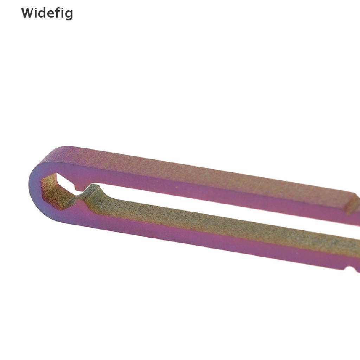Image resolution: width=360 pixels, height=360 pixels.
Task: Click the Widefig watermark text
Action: coord(47,13)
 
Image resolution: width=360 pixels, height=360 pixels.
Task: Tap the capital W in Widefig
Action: coord(27,13)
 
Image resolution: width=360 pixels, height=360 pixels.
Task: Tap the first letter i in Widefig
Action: coord(35,13)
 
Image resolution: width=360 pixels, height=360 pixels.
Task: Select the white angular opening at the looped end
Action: coord(65,182)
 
